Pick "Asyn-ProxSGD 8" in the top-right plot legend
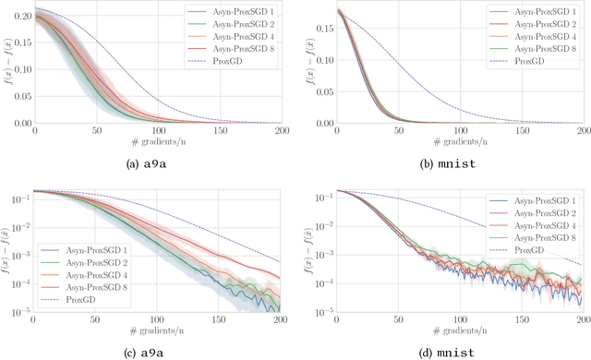coord(538,51)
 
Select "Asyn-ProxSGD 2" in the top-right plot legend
coord(538,25)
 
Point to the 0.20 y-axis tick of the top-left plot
coord(18,17)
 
